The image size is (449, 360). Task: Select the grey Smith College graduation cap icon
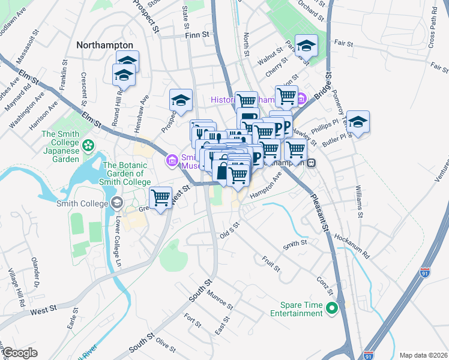pyautogui.click(x=115, y=202)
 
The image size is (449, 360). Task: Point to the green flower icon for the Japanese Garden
pyautogui.click(x=89, y=145)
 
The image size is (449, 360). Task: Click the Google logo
pyautogui.click(x=20, y=353)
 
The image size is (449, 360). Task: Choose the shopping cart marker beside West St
pyautogui.click(x=160, y=197)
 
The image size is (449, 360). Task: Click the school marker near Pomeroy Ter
pyautogui.click(x=358, y=122)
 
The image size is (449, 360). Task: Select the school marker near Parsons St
pyautogui.click(x=306, y=46)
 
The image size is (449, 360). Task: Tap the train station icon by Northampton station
pyautogui.click(x=312, y=163)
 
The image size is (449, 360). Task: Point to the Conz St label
pyautogui.click(x=325, y=286)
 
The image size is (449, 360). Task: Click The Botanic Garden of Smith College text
pyautogui.click(x=127, y=173)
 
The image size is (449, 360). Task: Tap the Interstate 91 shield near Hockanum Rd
pyautogui.click(x=425, y=272)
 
